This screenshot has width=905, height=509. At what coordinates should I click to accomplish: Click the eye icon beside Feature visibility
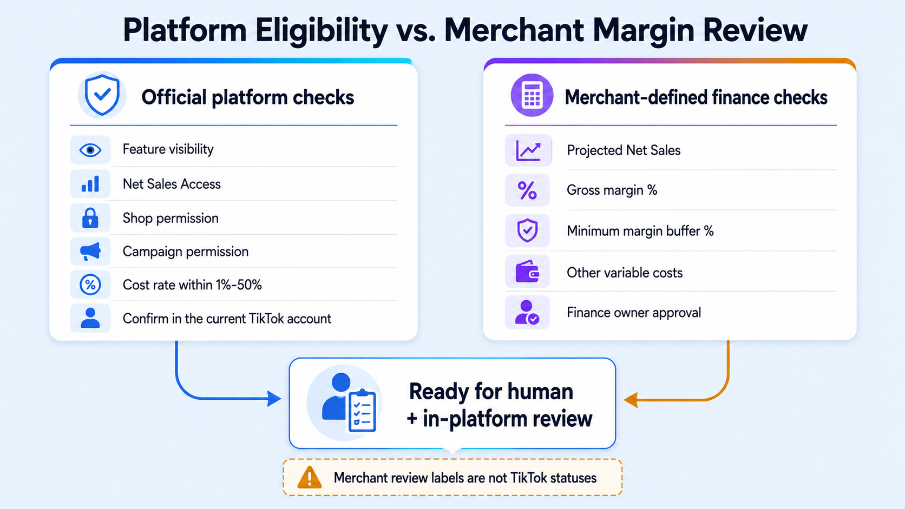coord(90,150)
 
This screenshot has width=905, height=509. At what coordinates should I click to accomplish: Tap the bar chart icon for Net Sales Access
coord(90,184)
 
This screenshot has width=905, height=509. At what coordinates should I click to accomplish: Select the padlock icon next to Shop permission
coord(90,219)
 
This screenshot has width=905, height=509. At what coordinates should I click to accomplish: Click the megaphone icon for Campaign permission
coord(90,252)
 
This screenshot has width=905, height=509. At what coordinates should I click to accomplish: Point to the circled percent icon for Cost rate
coord(90,285)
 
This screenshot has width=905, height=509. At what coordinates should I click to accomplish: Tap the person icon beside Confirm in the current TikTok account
coord(90,318)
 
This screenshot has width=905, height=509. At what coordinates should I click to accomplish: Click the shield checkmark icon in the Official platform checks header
coord(102,95)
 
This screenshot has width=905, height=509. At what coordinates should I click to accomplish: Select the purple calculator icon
coord(532,95)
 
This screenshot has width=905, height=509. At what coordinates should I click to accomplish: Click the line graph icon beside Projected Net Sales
coord(528,151)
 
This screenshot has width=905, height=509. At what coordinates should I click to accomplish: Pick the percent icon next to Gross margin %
coord(527,190)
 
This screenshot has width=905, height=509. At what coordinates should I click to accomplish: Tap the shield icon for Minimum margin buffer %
coord(527,230)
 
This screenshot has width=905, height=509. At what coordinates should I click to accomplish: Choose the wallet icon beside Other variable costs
coord(527,271)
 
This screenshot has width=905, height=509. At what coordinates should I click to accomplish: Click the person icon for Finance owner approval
coord(527,313)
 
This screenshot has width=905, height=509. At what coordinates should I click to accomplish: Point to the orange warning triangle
coord(310,478)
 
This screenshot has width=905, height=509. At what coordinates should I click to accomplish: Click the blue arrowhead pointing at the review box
coord(274,399)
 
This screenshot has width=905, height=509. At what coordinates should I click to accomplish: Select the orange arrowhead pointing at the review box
coord(631,400)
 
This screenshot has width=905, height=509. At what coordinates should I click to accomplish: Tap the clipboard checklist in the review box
coord(362,411)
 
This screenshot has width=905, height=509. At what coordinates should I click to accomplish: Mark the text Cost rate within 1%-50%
coord(192,285)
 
